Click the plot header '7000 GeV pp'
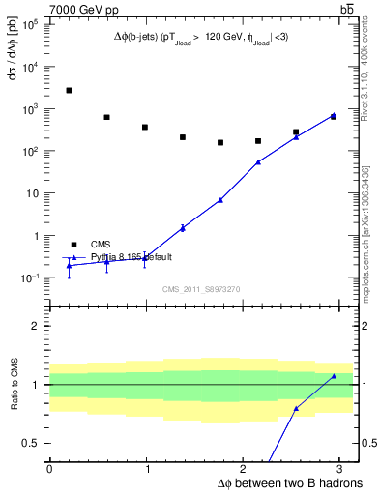click(x=83, y=9)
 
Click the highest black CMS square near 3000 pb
click(x=69, y=90)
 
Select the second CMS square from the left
click(x=106, y=117)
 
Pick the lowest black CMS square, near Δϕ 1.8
click(x=220, y=142)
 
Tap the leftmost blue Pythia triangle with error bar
click(x=69, y=265)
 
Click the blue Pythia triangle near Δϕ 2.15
click(x=258, y=162)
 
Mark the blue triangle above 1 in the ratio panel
click(x=334, y=376)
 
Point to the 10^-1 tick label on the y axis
click(x=30, y=277)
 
